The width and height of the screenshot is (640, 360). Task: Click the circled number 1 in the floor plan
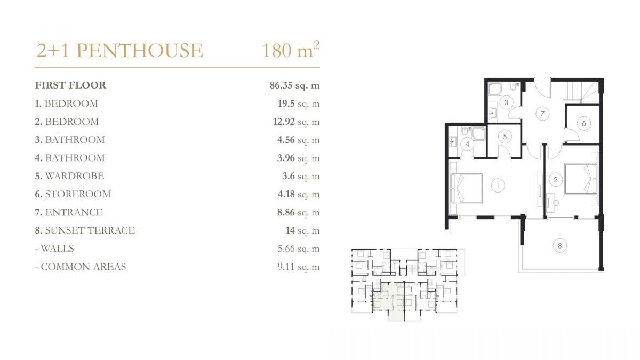coord(498,186)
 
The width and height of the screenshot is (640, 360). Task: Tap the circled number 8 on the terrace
coord(559,245)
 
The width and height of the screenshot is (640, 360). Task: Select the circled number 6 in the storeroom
coord(583,123)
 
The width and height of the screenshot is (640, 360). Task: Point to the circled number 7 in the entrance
coord(542,114)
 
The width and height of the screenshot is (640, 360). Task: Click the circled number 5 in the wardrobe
coord(505,137)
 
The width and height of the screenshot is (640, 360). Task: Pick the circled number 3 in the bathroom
coord(506,102)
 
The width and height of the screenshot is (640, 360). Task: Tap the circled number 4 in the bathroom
coord(467,145)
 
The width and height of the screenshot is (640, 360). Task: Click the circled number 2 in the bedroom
coord(555,180)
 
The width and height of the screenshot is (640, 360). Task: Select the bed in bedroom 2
coord(581,179)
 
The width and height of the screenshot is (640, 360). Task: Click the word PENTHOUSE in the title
coord(139,51)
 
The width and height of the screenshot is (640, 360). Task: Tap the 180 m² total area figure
coord(291,50)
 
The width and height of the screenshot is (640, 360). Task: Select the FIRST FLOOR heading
coord(70,85)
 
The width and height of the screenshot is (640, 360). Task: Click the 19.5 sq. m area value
coord(299,103)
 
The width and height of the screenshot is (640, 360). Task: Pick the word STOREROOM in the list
coord(78,194)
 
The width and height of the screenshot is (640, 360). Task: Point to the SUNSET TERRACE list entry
coord(85,230)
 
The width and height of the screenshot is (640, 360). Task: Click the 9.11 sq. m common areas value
coord(299,267)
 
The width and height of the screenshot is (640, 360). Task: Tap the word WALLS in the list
coord(57,249)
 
